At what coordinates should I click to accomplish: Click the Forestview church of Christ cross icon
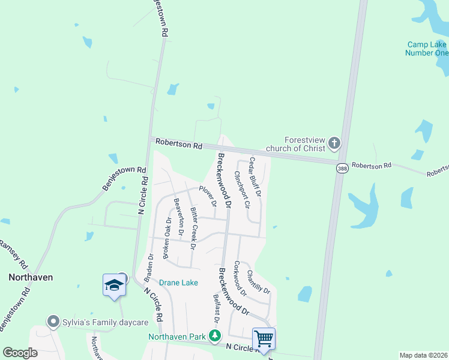pos(334,143)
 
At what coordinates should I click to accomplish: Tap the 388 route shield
pos(342,169)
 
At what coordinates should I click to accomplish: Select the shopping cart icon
pos(264,339)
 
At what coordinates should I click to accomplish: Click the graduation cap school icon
pos(114,285)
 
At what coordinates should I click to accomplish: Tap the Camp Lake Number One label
pos(427,49)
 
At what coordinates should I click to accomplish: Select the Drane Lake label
pos(178,282)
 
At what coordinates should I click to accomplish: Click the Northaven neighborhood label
pos(31,277)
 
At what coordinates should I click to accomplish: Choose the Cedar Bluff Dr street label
pos(255,178)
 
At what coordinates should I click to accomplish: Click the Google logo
pos(20,353)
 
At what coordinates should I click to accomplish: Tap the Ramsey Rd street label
pos(13,254)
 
